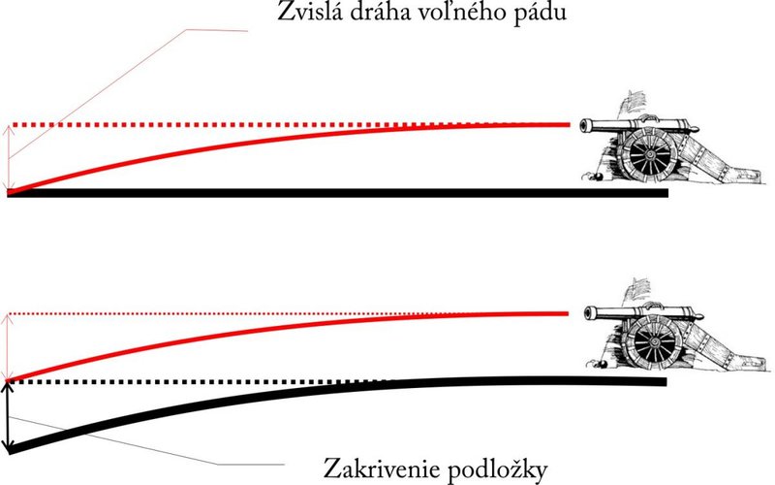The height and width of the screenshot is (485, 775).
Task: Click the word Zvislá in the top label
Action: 310,11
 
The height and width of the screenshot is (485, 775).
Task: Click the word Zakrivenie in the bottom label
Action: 380,468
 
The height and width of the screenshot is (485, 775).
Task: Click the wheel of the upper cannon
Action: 648,155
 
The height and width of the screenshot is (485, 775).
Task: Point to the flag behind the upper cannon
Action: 632,104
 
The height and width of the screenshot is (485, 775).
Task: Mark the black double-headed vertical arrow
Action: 8,415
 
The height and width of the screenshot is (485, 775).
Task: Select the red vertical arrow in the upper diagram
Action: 8,158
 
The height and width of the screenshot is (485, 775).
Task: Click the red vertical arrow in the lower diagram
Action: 8,346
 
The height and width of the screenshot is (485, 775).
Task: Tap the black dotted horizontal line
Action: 198,381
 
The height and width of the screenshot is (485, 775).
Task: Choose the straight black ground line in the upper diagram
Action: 337,193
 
